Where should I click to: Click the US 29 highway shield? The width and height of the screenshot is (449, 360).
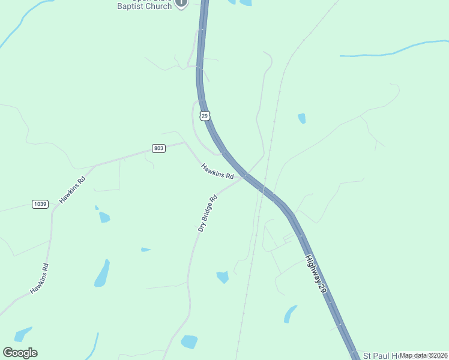pos(205,115)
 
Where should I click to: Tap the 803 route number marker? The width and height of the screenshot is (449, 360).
pos(158,148)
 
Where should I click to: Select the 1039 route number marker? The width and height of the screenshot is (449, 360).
pos(40,204)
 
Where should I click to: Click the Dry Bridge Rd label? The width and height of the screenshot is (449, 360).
pos(207,213)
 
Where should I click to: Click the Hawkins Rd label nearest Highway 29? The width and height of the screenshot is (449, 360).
pos(217,171)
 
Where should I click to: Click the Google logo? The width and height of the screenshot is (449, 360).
pos(20,353)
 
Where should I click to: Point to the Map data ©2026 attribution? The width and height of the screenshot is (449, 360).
pos(423,355)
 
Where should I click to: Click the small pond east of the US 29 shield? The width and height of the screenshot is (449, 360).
pos(301,118)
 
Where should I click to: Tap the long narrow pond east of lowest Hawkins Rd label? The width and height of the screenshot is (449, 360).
pos(102,274)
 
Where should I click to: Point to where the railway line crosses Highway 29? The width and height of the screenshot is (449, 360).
pos(263,188)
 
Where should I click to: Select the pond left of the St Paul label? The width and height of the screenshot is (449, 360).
pos(291,313)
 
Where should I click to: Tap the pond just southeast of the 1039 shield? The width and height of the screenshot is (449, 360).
pos(104,217)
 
